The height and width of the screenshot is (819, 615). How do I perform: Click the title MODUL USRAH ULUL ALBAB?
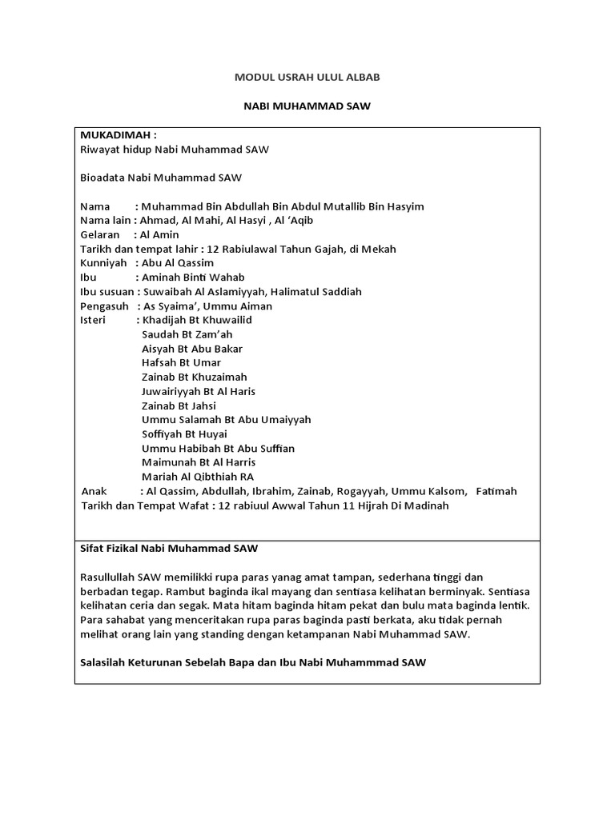point(307,77)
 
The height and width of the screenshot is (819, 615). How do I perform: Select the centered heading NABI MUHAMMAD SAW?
point(307,106)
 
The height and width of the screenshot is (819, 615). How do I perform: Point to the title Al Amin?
point(159,235)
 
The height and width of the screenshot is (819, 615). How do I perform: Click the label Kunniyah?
point(104,263)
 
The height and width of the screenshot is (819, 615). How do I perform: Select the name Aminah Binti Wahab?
point(192,278)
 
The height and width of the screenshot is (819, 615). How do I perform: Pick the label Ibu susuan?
point(107,292)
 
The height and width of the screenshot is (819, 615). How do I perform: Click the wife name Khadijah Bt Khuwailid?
point(196,320)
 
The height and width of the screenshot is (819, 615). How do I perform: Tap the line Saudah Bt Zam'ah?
point(187,334)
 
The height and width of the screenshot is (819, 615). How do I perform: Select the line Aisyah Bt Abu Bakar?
point(192,349)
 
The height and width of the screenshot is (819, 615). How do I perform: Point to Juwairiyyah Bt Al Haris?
point(199,391)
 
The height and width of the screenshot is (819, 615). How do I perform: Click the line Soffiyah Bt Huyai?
point(184,434)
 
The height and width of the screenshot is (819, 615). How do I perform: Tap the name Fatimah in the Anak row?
point(496,491)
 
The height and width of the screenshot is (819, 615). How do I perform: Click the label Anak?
point(95,491)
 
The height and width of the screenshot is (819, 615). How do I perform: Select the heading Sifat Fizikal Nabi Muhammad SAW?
point(170,548)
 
